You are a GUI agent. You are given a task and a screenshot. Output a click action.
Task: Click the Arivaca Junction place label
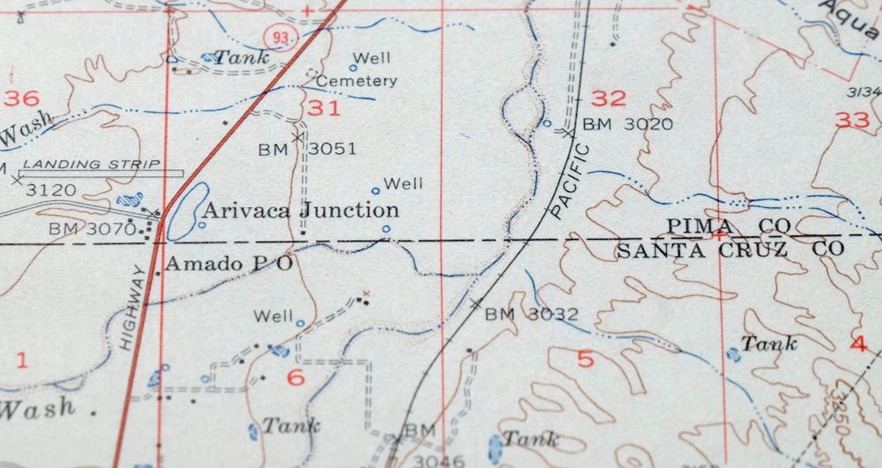pos(301,210)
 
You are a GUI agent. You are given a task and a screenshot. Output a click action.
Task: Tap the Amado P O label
pos(228,263)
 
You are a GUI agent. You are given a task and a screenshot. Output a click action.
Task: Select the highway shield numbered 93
pos(280,38)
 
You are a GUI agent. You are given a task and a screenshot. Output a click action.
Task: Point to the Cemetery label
pos(357,81)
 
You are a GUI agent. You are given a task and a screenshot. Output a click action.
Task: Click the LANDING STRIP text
pos(91,164)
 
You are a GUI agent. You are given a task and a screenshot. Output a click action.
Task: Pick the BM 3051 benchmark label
pos(307,149)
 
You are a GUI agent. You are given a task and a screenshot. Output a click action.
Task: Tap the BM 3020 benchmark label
pos(627,124)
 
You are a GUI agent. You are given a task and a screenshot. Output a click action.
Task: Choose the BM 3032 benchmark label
pos(531,315)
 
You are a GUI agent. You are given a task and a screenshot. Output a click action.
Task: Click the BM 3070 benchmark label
pos(92,228)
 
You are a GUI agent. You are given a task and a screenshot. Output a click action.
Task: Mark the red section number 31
pos(323,107)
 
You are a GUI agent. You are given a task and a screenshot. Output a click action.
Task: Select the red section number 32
pos(608,98)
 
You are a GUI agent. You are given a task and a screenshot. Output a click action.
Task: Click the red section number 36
pos(22,98)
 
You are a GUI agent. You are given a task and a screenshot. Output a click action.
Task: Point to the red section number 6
pos(295,378)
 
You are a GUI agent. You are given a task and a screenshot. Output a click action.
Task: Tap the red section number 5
pos(585,359)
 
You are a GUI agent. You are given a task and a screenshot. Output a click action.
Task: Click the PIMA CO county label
pos(728,226)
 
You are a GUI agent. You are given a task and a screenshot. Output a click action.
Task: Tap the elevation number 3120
pos(51,190)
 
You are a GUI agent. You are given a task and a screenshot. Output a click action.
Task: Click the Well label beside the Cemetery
pos(371,58)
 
